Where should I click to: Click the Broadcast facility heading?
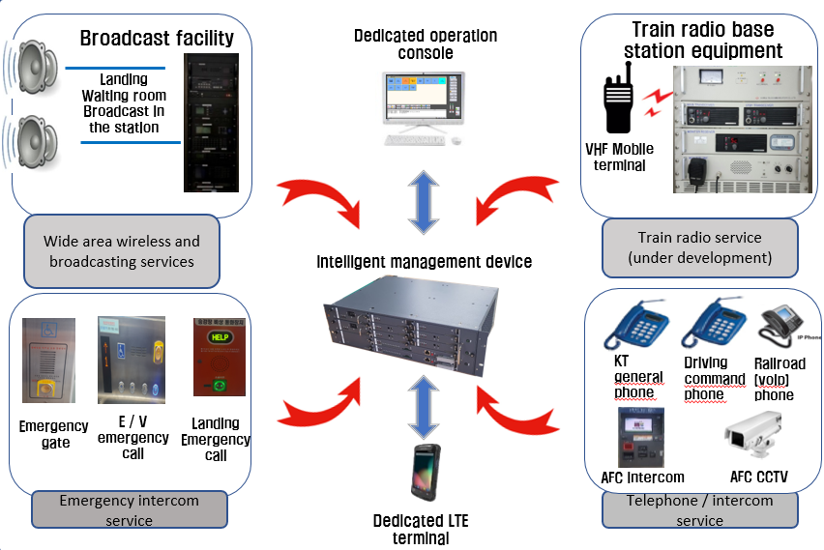point(157,39)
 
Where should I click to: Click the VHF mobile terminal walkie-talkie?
point(617,100)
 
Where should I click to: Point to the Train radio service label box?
point(699,246)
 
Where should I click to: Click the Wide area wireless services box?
point(122,251)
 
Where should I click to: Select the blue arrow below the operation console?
point(424,201)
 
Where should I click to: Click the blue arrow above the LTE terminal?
point(424,407)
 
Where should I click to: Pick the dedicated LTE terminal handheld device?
point(423,475)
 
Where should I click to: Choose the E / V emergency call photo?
point(131,360)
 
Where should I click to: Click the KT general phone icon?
point(637,326)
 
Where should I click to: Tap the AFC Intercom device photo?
point(641,438)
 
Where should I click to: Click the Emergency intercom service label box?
point(130,509)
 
